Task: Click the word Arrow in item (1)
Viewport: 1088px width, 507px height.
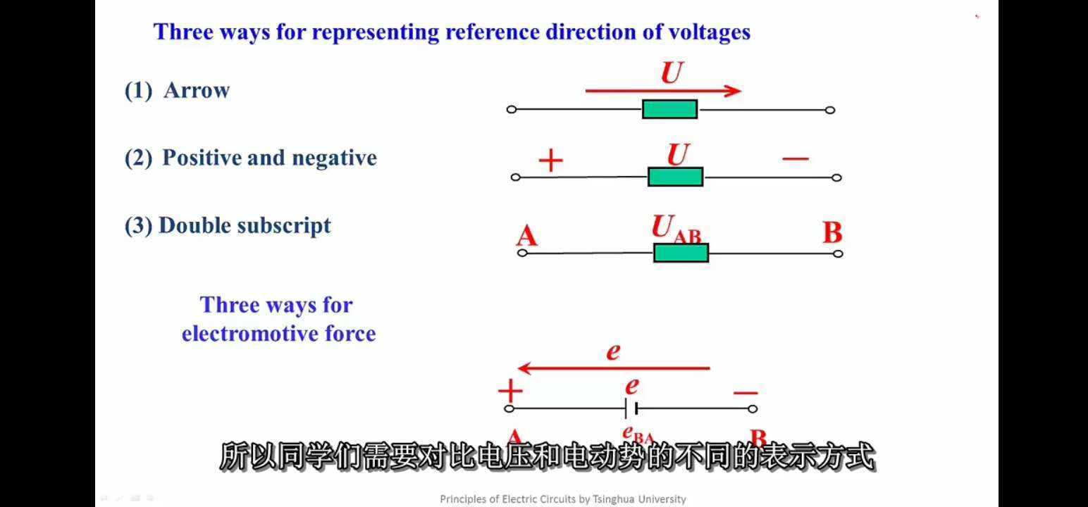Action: (x=197, y=91)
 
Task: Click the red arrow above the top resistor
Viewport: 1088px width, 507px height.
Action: (x=662, y=91)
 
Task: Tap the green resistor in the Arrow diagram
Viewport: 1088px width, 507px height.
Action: (x=669, y=109)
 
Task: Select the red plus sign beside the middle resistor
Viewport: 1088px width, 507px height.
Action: (x=550, y=161)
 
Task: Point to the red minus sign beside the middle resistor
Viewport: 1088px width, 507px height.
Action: (x=796, y=159)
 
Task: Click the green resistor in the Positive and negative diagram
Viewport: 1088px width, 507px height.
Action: (x=675, y=177)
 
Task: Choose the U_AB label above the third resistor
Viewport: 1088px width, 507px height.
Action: (x=676, y=230)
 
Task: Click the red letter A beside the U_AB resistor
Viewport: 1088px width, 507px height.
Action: (x=526, y=235)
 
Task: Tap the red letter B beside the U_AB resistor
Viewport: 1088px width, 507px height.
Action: (x=832, y=232)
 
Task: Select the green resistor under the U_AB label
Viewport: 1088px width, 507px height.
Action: (x=681, y=253)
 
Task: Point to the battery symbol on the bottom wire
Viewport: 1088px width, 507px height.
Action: (x=631, y=408)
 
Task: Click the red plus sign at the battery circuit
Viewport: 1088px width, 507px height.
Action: (x=510, y=392)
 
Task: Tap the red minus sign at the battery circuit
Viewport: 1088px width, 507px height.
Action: (x=746, y=393)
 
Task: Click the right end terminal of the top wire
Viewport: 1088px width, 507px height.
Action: (x=830, y=110)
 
